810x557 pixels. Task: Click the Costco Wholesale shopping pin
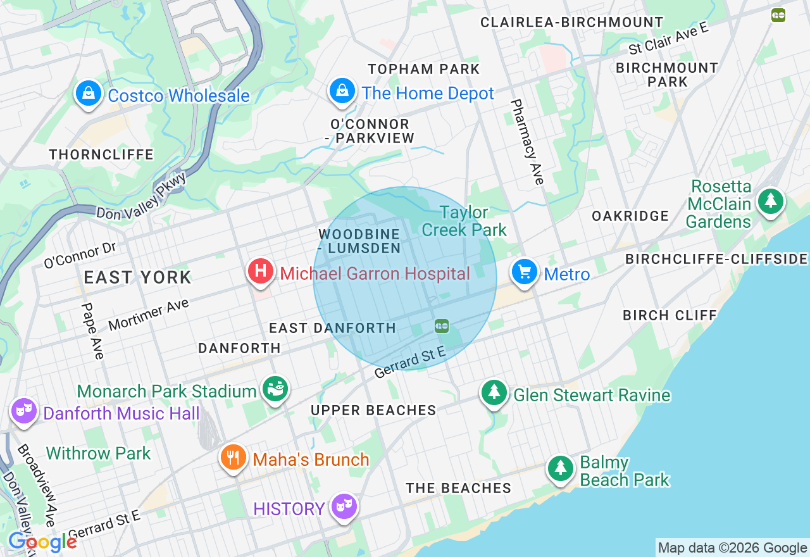tap(89, 94)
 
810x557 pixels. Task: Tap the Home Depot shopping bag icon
tap(342, 91)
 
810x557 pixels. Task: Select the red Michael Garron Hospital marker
tap(260, 272)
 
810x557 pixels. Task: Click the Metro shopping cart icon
tap(525, 272)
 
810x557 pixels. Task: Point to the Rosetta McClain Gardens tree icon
tap(770, 201)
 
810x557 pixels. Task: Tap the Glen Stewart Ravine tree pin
tap(494, 393)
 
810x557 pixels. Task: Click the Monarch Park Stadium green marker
tap(276, 389)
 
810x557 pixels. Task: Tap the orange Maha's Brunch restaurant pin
tap(233, 457)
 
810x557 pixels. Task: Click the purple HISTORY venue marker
tap(344, 506)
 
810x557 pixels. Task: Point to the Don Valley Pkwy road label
tap(142, 196)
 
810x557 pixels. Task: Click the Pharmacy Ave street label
tap(526, 142)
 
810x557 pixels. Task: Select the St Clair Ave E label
tap(668, 40)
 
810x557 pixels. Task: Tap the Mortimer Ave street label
tap(149, 315)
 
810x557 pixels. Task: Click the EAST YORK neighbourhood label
tap(137, 277)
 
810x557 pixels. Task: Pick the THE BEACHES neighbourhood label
tap(458, 488)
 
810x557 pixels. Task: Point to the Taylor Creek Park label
tap(464, 221)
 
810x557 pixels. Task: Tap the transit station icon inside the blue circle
tap(442, 326)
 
